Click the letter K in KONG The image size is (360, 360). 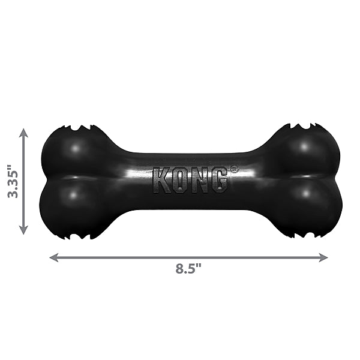161,180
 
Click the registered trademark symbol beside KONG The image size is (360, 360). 233,170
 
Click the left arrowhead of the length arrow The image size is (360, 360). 53,257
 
